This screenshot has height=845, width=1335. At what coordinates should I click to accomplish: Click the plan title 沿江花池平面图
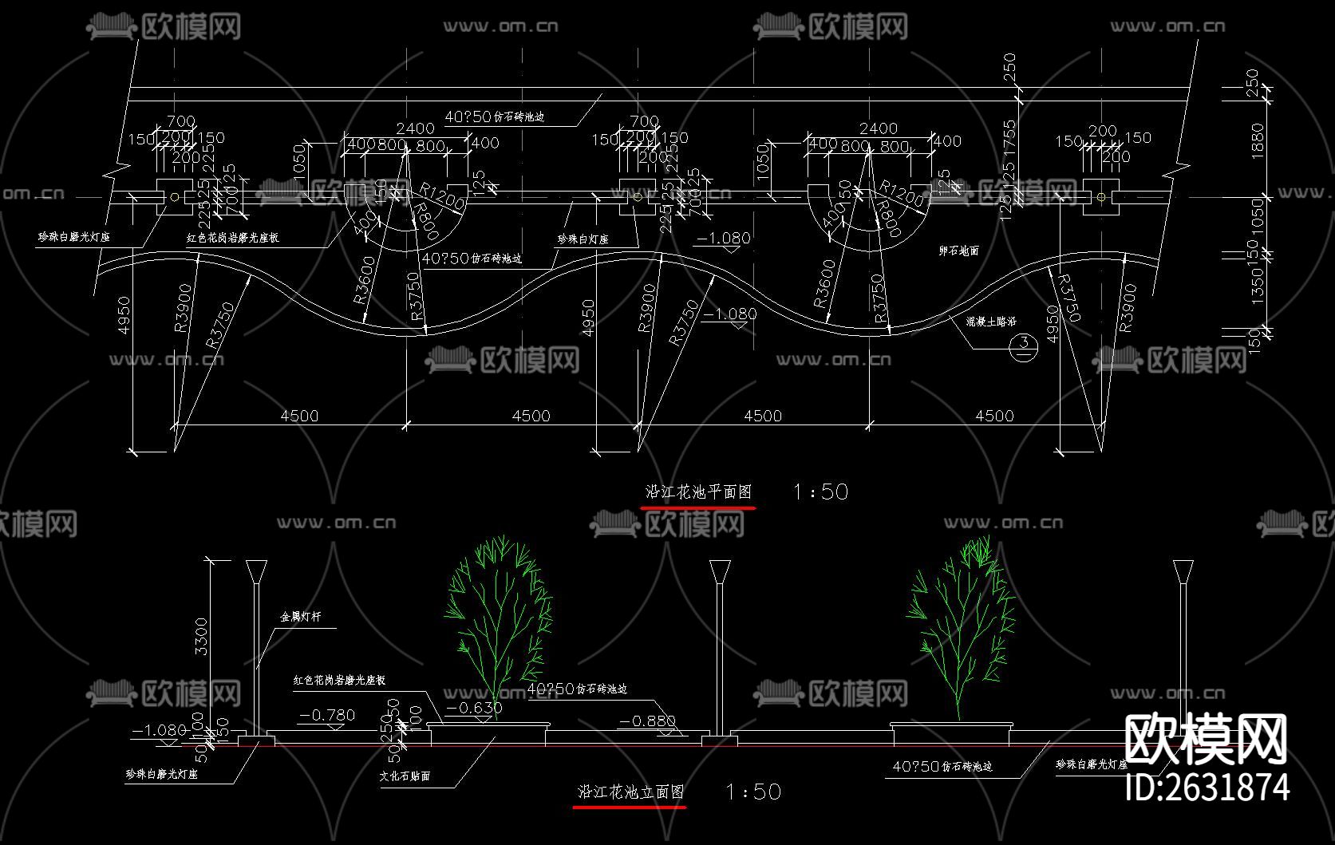tap(698, 492)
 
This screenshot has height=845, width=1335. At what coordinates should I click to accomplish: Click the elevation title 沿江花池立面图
tap(630, 792)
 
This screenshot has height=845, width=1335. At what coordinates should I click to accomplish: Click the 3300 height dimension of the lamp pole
tap(202, 636)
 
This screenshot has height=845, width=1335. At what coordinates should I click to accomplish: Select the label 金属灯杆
tap(300, 617)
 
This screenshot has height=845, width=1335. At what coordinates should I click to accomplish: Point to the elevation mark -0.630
tap(474, 708)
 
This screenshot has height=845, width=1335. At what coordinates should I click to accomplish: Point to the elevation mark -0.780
tap(327, 715)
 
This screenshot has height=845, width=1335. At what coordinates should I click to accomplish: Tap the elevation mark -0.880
tap(648, 721)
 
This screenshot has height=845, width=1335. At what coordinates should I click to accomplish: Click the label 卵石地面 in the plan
tap(958, 251)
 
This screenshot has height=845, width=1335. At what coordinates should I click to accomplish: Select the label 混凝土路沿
tap(990, 322)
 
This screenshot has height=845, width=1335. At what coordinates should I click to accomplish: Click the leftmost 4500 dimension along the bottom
tap(299, 416)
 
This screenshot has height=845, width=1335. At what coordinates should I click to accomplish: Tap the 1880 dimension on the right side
tap(1258, 141)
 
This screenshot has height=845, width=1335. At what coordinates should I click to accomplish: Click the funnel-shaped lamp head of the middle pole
tap(719, 571)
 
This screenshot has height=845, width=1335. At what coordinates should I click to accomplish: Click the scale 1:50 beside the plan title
tap(820, 492)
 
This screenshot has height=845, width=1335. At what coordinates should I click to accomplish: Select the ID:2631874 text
tap(1207, 787)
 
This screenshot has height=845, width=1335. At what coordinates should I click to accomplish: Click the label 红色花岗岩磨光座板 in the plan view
tap(233, 238)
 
